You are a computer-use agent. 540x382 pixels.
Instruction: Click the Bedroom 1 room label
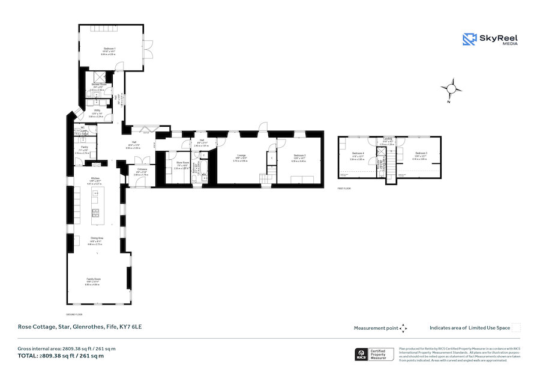tap(109, 47)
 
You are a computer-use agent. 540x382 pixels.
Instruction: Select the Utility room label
tap(97, 111)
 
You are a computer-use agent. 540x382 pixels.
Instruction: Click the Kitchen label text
tap(95, 178)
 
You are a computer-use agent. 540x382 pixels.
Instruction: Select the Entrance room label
tap(142, 170)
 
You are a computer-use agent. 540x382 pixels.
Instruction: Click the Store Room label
tap(182, 163)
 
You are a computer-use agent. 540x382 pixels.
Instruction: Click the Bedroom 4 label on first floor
tap(358, 154)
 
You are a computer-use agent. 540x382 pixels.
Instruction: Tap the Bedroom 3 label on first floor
tap(419, 154)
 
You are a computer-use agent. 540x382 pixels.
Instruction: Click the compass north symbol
tap(452, 89)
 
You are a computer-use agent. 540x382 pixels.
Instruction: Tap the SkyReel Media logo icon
tap(469, 39)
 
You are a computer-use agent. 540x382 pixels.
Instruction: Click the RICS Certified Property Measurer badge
tap(375, 354)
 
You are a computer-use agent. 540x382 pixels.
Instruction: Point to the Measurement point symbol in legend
tap(403, 328)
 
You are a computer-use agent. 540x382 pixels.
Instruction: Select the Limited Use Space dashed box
tap(516, 327)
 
